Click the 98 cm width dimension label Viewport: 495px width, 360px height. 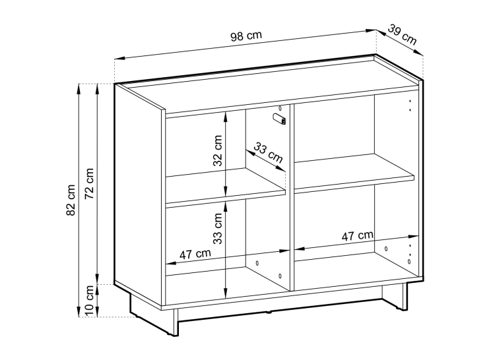coord(246,36)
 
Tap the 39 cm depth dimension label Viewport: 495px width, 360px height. coord(402,34)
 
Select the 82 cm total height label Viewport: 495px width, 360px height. coord(71,200)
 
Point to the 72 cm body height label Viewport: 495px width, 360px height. coord(89,183)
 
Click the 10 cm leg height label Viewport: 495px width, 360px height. coord(90,301)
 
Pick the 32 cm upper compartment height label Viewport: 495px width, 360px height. coord(218,150)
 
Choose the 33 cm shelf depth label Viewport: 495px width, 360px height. coord(269,152)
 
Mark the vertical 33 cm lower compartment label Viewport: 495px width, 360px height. coord(218,229)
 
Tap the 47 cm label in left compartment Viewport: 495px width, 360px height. coord(195,254)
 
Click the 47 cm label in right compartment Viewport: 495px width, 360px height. coord(357,235)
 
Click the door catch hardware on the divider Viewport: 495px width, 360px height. coord(280,119)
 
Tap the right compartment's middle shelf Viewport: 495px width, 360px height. coord(354,173)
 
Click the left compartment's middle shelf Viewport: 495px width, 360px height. coord(226,187)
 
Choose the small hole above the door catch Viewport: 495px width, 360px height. coord(280,109)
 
